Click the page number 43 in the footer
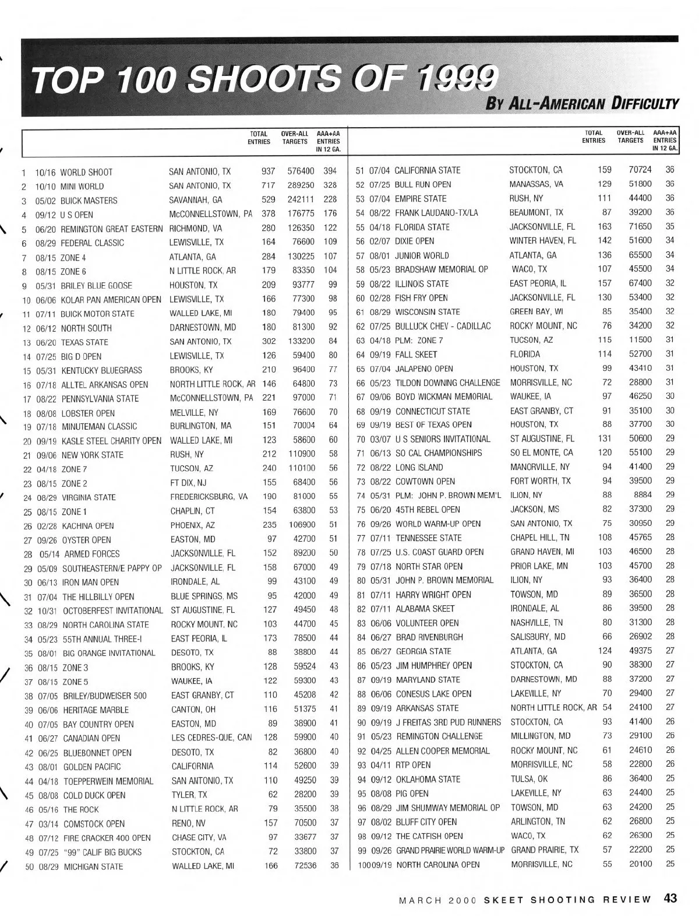670,899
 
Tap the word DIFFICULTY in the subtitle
645,105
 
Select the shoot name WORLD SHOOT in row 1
86,173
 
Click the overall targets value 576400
301,173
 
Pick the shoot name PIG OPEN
412,794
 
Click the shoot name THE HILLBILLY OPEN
98,596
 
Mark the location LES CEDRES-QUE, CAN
211,738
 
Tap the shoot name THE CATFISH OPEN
429,836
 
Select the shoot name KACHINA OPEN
88,526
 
